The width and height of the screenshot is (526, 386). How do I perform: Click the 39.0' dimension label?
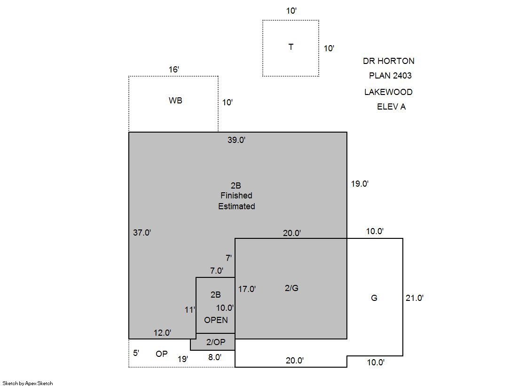[x=236, y=140]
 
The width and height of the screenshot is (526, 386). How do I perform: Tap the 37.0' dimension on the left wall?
[x=142, y=233]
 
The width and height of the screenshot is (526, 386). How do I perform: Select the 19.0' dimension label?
[x=360, y=184]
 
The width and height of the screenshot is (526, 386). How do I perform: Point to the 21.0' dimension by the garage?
[x=415, y=298]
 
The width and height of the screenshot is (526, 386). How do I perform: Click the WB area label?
[x=175, y=100]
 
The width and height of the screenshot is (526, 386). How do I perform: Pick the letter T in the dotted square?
[x=291, y=47]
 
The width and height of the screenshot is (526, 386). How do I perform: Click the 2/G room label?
[x=291, y=288]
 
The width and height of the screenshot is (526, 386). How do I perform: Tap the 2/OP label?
[x=216, y=342]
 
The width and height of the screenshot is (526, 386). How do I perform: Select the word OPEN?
[x=216, y=320]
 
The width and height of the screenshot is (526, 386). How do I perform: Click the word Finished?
[x=236, y=195]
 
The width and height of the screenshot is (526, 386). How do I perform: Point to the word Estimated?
[x=236, y=206]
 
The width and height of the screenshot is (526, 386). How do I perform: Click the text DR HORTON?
[x=388, y=61]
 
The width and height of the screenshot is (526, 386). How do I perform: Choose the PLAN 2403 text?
[x=390, y=76]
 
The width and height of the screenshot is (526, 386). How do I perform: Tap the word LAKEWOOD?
[x=388, y=92]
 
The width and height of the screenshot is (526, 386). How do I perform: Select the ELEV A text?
[x=391, y=107]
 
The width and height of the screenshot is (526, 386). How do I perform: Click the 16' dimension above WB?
[x=174, y=70]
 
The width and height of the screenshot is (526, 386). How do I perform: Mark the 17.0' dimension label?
[x=247, y=289]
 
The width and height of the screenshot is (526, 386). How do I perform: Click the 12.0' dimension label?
[x=162, y=332]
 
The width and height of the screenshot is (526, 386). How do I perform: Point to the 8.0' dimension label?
[x=215, y=357]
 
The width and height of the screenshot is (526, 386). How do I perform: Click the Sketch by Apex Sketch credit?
[x=28, y=383]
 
